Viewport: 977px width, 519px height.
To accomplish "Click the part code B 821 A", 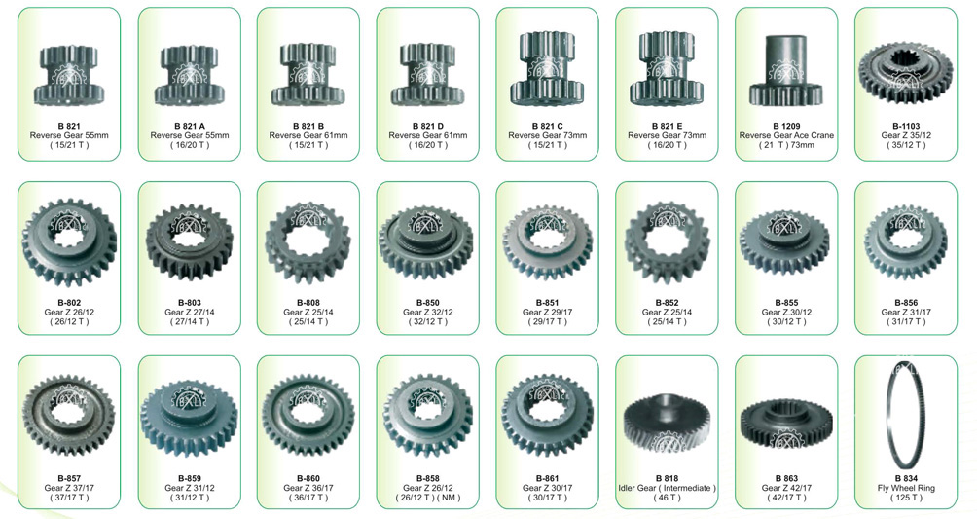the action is point(190,126).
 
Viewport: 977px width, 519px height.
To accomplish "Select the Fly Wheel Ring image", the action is point(905,418).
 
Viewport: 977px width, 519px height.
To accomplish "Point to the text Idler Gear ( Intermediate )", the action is point(667,489).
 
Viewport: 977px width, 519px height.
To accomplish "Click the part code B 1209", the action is point(786,126).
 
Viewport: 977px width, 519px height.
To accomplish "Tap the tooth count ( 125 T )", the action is point(906,498).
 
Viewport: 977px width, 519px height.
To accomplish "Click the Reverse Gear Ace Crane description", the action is point(786,135).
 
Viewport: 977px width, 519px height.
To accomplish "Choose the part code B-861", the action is point(547,479).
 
